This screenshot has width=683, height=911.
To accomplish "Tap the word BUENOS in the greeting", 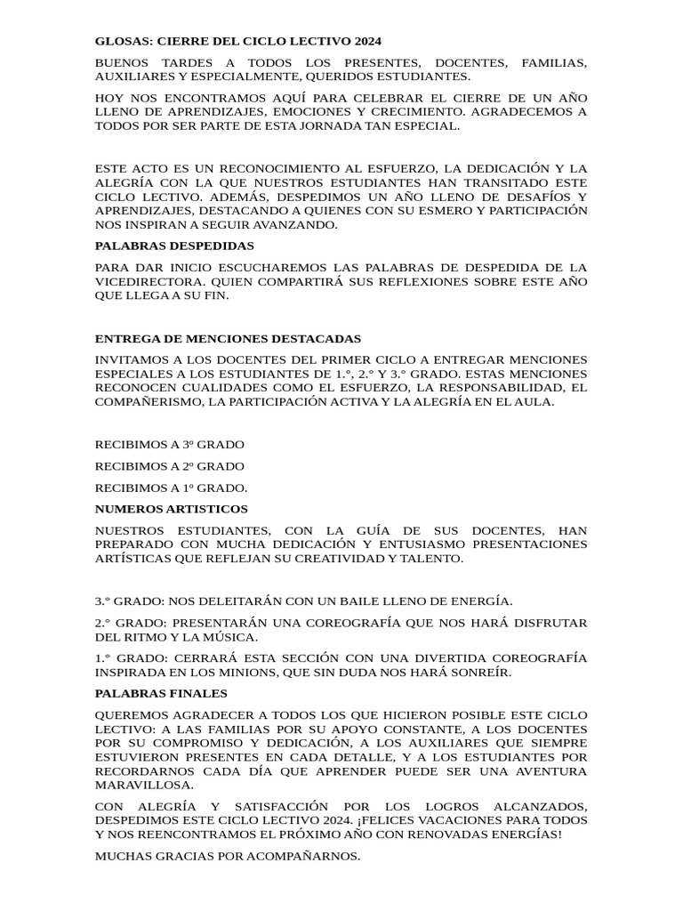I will [x=125, y=63].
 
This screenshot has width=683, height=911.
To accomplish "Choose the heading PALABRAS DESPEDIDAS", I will [x=174, y=246].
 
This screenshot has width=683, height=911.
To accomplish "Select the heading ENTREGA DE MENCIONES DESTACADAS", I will [x=228, y=339].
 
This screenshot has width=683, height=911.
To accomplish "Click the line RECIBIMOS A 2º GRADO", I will [x=169, y=466].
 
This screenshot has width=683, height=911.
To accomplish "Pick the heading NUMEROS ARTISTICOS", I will [x=172, y=509].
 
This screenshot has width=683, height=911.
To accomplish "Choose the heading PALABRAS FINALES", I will [x=161, y=693].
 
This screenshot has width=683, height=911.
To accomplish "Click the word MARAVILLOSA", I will [x=144, y=786].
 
